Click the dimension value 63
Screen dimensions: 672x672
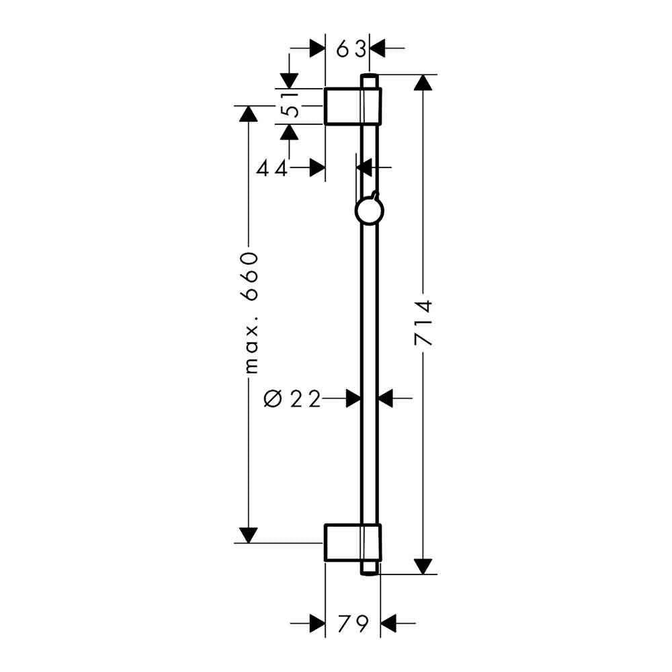pyautogui.click(x=351, y=49)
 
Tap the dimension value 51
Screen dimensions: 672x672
pyautogui.click(x=290, y=105)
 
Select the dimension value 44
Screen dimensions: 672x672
pyautogui.click(x=271, y=169)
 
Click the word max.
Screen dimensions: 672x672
pyautogui.click(x=251, y=345)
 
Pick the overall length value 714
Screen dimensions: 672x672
pyautogui.click(x=423, y=323)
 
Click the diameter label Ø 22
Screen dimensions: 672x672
pyautogui.click(x=292, y=398)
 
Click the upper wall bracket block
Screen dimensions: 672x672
pyautogui.click(x=352, y=106)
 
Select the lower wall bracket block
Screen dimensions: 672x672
pyautogui.click(x=352, y=542)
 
